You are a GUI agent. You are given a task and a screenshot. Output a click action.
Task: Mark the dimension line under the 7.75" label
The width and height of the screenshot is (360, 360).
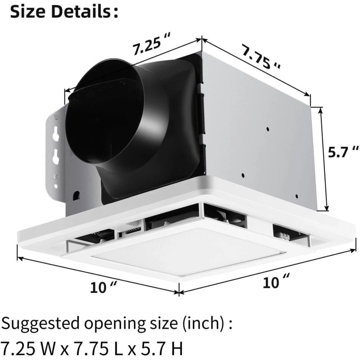pos(256,67)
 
